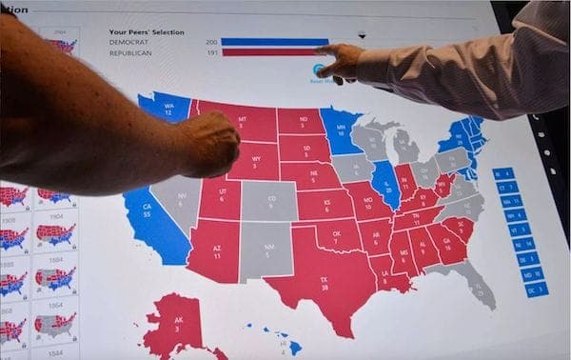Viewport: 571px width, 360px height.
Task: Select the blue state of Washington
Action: (166, 108)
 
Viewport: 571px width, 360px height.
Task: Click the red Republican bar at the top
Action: (271, 53)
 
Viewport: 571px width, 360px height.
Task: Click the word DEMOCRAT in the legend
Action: (130, 42)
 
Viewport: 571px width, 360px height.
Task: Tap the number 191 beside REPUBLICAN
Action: (211, 53)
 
